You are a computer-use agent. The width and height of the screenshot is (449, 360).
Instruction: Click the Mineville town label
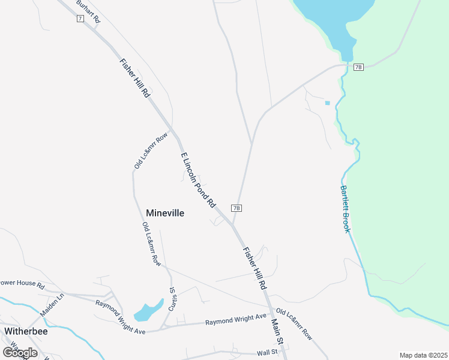[x=165, y=213]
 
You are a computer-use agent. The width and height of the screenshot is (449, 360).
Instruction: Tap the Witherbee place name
[x=26, y=331]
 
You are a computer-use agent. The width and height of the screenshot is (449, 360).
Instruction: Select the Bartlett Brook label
[x=346, y=209]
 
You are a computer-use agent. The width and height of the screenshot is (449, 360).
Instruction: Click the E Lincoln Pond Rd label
[x=198, y=179]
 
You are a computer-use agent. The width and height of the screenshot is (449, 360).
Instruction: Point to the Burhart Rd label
[x=89, y=11]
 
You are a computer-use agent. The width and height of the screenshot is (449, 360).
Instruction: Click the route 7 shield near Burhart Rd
[x=80, y=19]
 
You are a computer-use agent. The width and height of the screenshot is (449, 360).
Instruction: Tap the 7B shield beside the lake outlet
[x=358, y=67]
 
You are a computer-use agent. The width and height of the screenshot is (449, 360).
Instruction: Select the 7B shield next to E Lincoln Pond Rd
[x=237, y=208]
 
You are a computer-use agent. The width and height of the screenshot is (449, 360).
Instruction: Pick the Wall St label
[x=268, y=352]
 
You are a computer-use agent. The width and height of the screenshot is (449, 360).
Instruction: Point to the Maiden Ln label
[x=52, y=305]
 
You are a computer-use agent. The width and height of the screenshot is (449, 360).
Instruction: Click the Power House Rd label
[x=22, y=284]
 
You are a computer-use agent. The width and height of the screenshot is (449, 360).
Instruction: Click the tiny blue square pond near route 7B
[x=327, y=103]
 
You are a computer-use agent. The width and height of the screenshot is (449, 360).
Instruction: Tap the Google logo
[x=20, y=352]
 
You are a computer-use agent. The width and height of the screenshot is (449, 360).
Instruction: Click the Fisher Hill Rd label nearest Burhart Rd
[x=135, y=78]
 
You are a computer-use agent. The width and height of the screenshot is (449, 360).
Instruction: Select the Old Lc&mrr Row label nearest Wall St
[x=294, y=325]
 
